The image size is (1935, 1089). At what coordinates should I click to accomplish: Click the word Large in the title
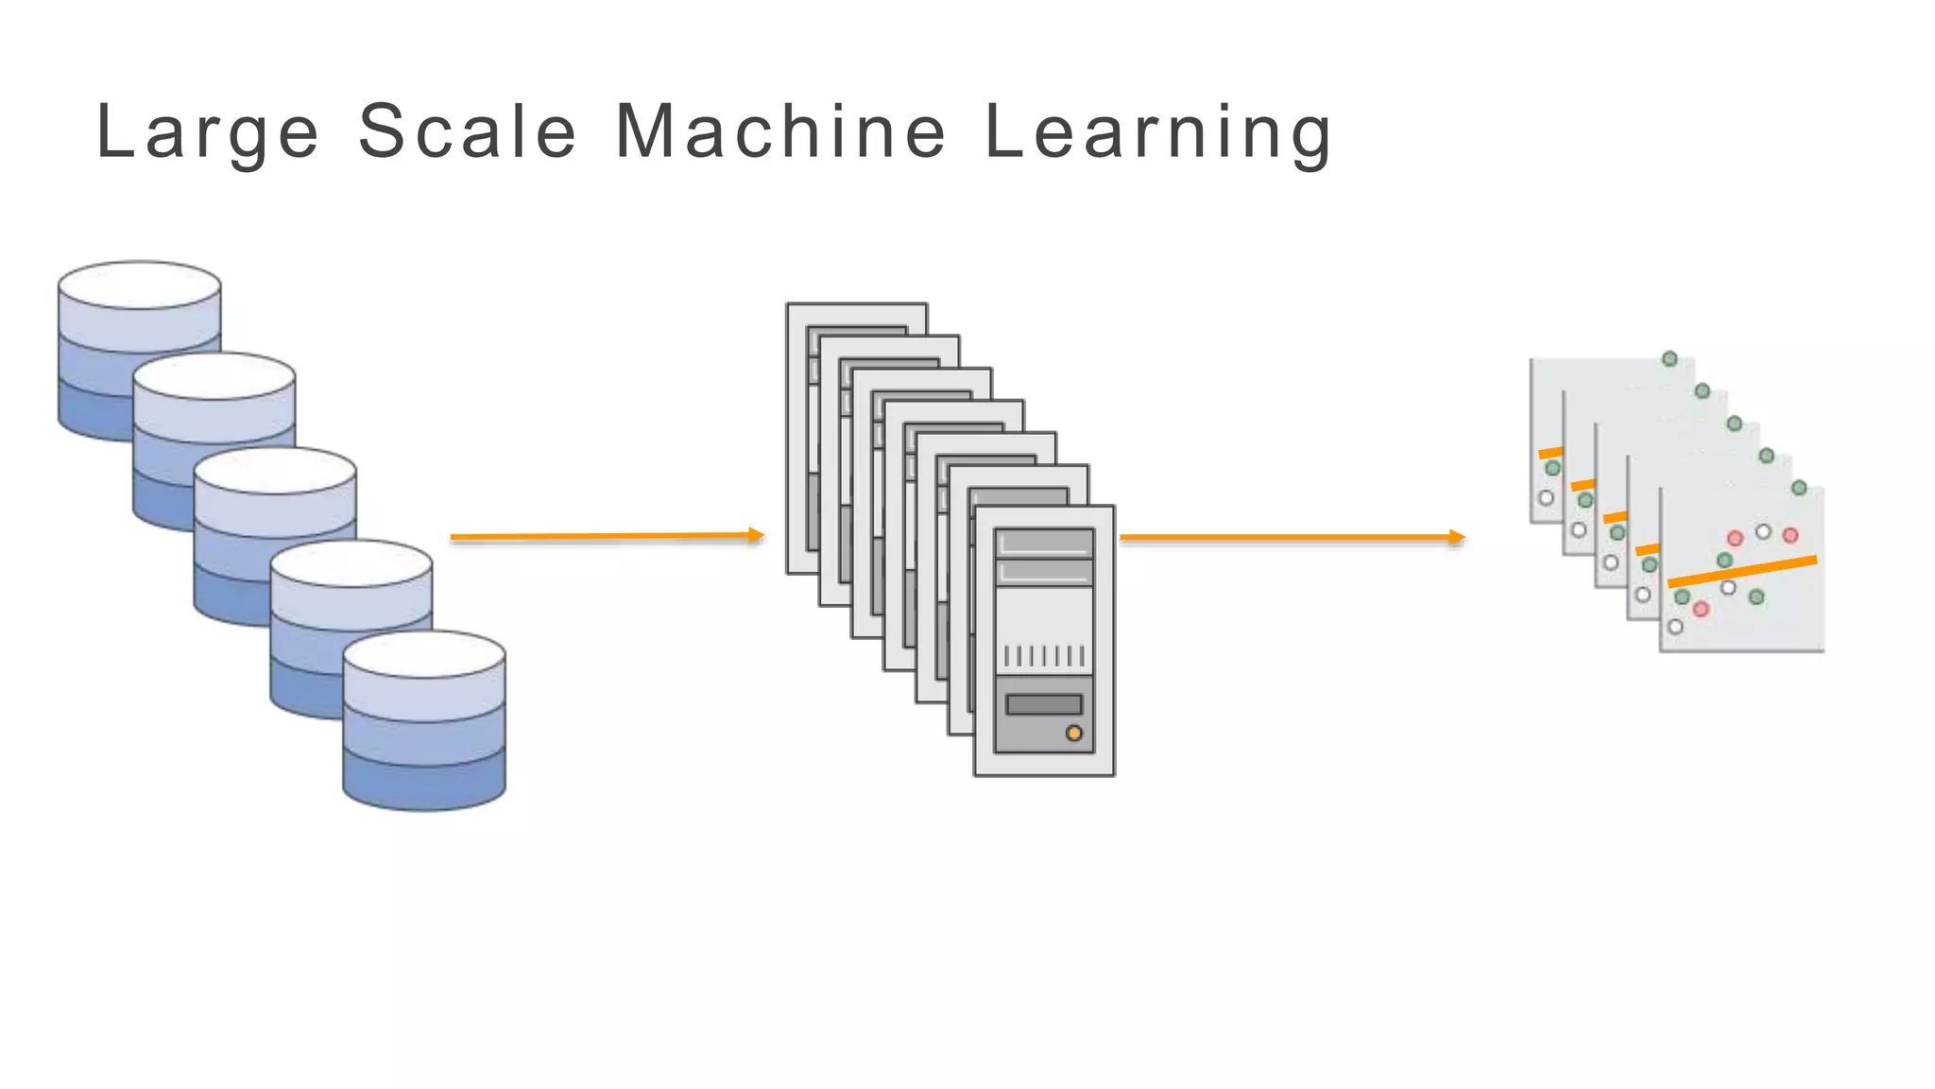pos(208,132)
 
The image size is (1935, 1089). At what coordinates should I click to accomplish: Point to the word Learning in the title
pos(1158,132)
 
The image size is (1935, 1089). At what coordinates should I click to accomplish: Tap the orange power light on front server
pos(1073,733)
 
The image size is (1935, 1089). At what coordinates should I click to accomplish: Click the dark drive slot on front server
pos(1044,704)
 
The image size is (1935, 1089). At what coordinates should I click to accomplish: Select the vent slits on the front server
pos(1044,655)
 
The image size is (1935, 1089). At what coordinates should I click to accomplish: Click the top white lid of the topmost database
pos(140,285)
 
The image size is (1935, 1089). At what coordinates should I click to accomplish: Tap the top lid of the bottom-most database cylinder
pos(424,654)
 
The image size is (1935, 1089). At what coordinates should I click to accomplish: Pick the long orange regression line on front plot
pos(1742,571)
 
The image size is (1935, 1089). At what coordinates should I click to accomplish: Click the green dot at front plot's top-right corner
pos(1799,488)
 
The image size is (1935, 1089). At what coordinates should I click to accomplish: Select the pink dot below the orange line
pos(1701,609)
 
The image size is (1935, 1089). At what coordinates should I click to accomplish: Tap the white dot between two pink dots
pos(1763,532)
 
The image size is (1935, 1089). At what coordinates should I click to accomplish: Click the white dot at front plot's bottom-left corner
pos(1675,627)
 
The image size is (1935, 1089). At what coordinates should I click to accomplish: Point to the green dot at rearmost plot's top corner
pos(1670,359)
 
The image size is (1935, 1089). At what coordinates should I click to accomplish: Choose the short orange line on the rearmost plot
pos(1550,453)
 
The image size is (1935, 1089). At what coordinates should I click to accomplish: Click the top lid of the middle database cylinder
pos(275,470)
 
